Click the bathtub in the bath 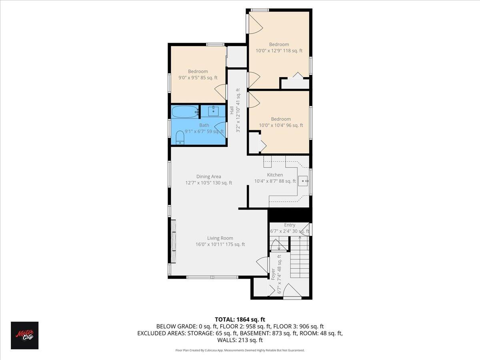185,112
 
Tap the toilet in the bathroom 180,137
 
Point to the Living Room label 220,238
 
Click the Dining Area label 208,176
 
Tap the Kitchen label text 275,175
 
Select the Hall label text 232,110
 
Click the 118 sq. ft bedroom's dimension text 279,51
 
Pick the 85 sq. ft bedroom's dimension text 198,78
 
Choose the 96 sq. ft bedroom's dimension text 281,125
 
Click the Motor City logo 24,335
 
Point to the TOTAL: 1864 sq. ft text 240,319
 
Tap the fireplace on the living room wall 173,240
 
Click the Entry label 290,225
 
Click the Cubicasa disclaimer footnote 240,350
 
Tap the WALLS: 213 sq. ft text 240,340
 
